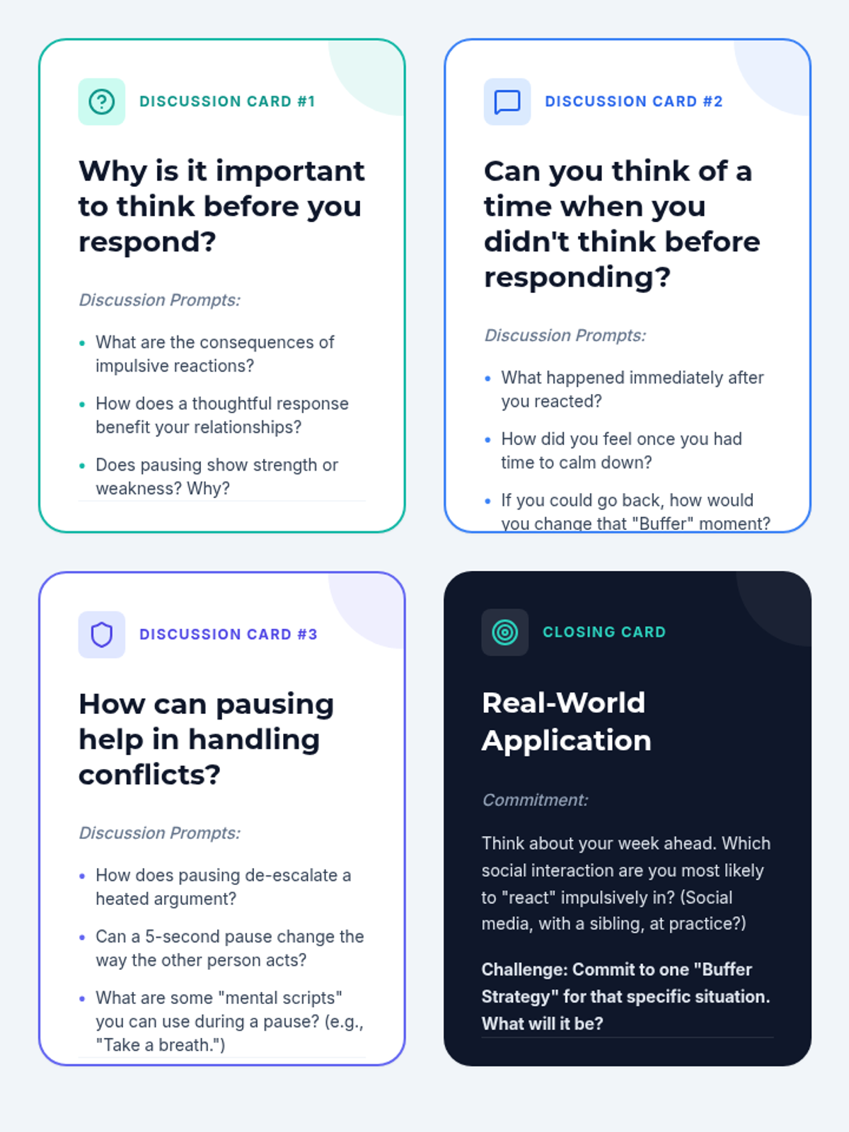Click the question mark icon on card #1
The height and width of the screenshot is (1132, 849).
pos(102,102)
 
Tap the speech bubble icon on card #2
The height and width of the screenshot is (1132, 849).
pos(507,102)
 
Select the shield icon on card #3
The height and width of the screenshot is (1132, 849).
pos(102,635)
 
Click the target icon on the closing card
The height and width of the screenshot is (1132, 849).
pos(504,633)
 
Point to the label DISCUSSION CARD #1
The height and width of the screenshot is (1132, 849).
pos(227,102)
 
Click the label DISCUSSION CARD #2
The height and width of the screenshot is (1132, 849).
pos(634,102)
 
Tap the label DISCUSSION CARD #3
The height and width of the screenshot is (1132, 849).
pos(229,635)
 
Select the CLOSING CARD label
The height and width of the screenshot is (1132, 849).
pos(604,633)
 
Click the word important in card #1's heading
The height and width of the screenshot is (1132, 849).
pos(290,172)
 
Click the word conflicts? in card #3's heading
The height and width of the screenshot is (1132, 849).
pos(149,775)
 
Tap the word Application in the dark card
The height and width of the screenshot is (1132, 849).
pos(567,741)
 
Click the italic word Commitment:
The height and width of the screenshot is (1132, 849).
pos(535,800)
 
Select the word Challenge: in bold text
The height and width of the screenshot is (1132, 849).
pos(525,969)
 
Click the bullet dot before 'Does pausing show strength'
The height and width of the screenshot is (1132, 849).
pos(82,466)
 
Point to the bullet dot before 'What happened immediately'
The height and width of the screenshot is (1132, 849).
pos(487,379)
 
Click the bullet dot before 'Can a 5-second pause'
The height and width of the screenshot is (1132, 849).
pos(82,937)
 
